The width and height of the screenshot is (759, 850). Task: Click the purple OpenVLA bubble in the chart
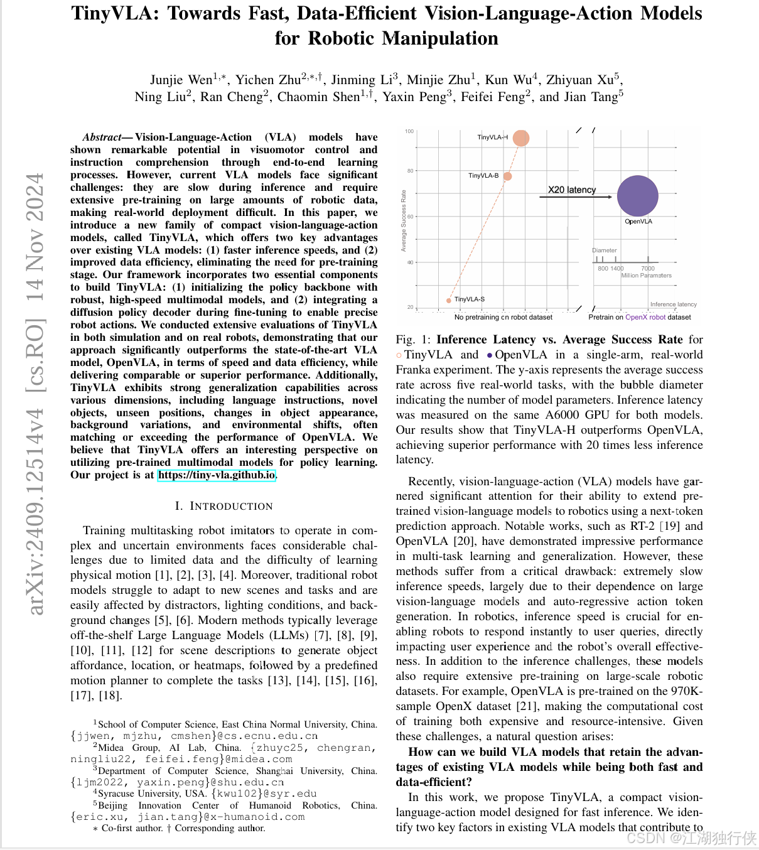pyautogui.click(x=637, y=196)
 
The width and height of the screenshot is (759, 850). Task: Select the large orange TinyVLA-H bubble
pyautogui.click(x=520, y=137)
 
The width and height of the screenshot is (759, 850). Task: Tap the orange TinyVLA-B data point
pyautogui.click(x=507, y=176)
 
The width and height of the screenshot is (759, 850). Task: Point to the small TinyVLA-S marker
pyautogui.click(x=449, y=300)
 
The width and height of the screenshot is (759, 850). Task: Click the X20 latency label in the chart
pyautogui.click(x=571, y=190)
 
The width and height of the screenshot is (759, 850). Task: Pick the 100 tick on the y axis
pyautogui.click(x=409, y=131)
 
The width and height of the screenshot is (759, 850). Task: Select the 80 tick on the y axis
pyautogui.click(x=410, y=171)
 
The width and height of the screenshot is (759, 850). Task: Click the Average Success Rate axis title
pyautogui.click(x=404, y=220)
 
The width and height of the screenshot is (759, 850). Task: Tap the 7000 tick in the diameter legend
pyautogui.click(x=648, y=268)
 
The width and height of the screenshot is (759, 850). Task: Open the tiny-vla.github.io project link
pyautogui.click(x=217, y=475)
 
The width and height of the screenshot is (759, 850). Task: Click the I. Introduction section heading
pyautogui.click(x=223, y=506)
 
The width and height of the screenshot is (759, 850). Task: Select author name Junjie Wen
pyautogui.click(x=181, y=80)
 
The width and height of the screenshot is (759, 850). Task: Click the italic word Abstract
pyautogui.click(x=102, y=137)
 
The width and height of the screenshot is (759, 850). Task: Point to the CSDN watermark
pyautogui.click(x=691, y=837)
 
